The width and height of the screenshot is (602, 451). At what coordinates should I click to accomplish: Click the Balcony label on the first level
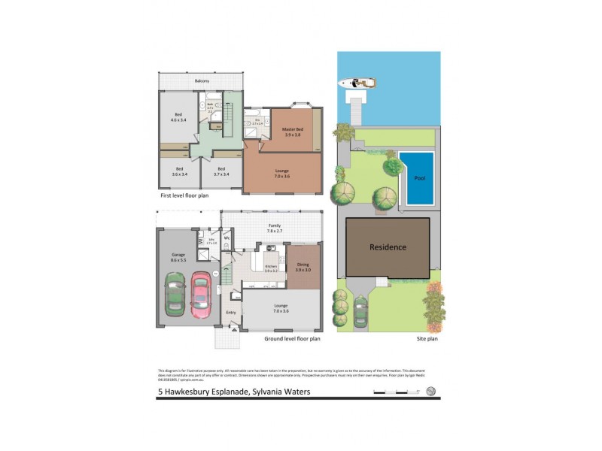[201, 81]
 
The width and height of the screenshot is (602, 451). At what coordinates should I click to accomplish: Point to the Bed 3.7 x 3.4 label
[220, 171]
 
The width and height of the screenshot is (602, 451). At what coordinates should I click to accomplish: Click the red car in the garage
[200, 292]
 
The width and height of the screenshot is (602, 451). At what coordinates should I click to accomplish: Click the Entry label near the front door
[231, 312]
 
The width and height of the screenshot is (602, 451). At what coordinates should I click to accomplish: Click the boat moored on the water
[357, 83]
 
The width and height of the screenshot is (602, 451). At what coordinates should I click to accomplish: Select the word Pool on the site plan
[418, 179]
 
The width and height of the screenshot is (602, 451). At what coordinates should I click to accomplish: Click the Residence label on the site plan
[388, 247]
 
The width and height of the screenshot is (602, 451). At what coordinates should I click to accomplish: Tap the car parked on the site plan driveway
[360, 309]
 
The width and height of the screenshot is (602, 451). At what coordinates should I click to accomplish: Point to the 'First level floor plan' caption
[184, 195]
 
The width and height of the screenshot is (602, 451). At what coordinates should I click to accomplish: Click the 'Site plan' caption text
[427, 339]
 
